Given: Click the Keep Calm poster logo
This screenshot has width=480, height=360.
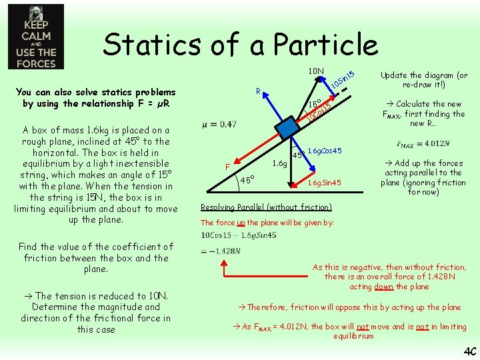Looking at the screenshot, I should click(x=36, y=37).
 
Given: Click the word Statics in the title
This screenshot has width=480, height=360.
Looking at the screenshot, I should click(x=157, y=45).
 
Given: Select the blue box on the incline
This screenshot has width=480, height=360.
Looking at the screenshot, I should click(x=287, y=127).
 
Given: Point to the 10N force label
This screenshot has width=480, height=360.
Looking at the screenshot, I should click(x=316, y=71).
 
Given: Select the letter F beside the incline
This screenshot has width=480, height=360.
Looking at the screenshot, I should click(x=227, y=166).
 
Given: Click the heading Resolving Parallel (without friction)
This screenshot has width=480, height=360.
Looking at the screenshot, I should click(x=266, y=207).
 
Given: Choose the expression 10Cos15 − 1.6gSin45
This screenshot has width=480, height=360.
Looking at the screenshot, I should click(x=247, y=235).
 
